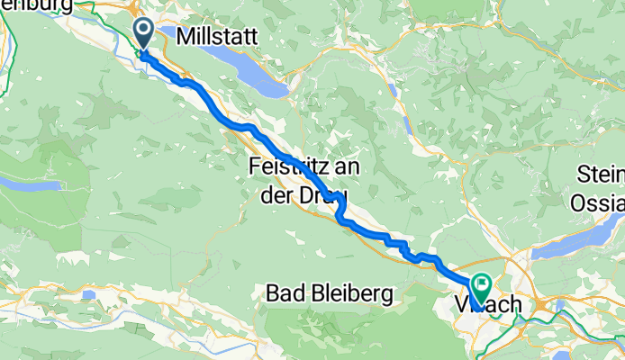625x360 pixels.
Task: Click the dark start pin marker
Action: [x=144, y=34]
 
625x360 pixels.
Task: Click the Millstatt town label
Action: [x=218, y=37]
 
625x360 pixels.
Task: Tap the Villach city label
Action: [x=494, y=305]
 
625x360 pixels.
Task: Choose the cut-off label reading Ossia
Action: [x=597, y=203]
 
